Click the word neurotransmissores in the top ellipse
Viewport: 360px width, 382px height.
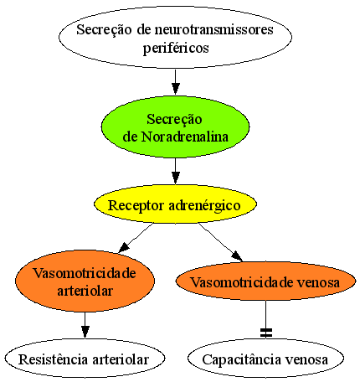click(214, 29)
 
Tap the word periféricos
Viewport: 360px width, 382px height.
click(176, 49)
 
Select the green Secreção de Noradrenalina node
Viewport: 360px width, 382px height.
click(175, 127)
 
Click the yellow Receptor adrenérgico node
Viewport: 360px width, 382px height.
click(175, 204)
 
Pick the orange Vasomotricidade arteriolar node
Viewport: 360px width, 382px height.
click(85, 281)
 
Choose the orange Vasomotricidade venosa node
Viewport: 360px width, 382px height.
click(265, 281)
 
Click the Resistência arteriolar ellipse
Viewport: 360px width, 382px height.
click(85, 359)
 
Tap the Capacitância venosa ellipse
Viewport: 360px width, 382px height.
click(265, 359)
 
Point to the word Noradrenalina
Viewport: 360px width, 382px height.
click(185, 137)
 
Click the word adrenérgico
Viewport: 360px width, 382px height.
click(204, 206)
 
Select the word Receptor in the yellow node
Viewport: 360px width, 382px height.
click(136, 206)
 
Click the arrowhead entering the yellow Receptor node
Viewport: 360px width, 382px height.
click(175, 178)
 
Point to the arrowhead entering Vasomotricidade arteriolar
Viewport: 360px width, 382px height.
click(125, 247)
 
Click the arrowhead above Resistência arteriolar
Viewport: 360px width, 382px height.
click(85, 332)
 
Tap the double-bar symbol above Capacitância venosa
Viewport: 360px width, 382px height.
click(265, 332)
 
